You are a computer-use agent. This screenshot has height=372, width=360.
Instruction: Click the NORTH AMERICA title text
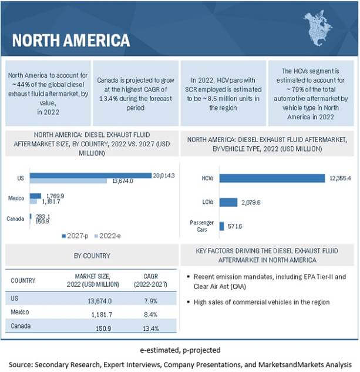click(x=70, y=40)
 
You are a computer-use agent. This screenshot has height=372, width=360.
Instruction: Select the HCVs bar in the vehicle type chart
click(x=272, y=178)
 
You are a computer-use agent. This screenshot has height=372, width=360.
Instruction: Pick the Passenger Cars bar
click(x=221, y=226)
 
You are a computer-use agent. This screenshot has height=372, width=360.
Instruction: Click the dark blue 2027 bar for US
click(x=90, y=175)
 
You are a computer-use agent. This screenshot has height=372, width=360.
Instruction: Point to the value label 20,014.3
click(x=164, y=175)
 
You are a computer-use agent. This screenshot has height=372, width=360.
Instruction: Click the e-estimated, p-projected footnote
click(x=180, y=350)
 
